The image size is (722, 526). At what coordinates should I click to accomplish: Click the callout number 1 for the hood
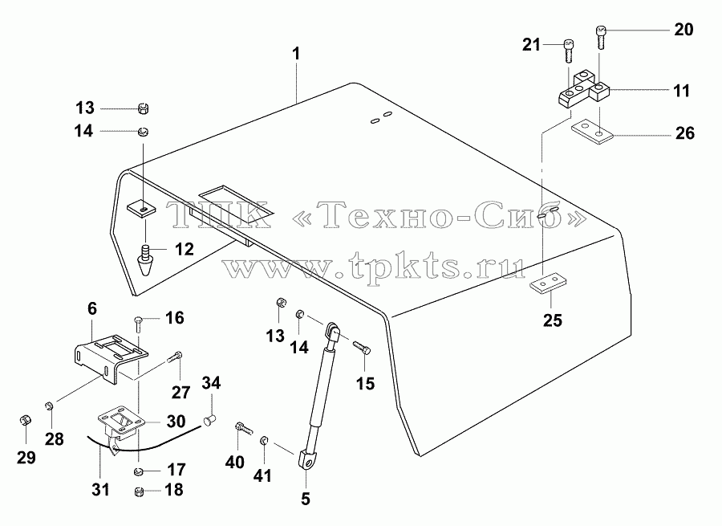(296, 54)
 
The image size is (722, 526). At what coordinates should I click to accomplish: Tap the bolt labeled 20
(600, 38)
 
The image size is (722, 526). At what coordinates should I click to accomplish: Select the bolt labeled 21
(569, 51)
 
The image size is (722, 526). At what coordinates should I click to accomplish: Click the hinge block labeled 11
(583, 88)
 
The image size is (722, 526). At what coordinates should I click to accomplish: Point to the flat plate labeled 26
(592, 132)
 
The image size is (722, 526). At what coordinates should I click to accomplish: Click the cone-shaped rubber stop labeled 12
(145, 260)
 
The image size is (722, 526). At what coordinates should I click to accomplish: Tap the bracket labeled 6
(111, 357)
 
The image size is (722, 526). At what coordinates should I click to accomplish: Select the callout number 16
(175, 318)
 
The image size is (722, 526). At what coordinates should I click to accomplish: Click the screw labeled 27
(175, 357)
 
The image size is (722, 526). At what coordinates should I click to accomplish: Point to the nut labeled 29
(26, 421)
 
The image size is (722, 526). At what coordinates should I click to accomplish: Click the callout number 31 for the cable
(100, 490)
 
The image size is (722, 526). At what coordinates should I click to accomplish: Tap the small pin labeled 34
(210, 420)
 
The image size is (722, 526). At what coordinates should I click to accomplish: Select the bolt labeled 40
(244, 428)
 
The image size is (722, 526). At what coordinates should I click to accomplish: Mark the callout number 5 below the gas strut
(306, 499)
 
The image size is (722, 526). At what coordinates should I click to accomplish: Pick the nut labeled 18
(140, 491)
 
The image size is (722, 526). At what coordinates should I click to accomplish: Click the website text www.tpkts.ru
(374, 267)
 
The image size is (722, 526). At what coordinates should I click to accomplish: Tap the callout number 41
(262, 475)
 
